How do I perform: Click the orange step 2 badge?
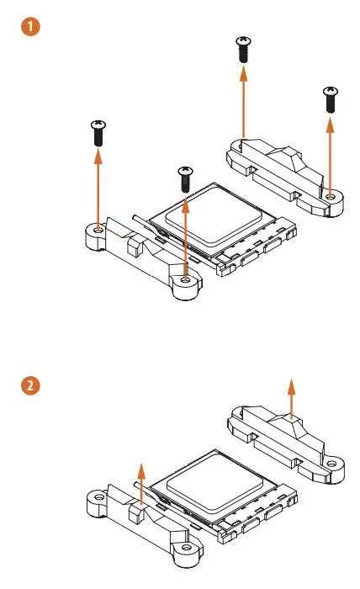click(29, 387)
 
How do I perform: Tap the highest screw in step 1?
click(243, 48)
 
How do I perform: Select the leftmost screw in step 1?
click(98, 132)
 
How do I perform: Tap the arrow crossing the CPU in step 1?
click(185, 236)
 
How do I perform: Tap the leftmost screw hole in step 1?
click(98, 229)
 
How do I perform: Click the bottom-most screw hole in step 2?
click(185, 551)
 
